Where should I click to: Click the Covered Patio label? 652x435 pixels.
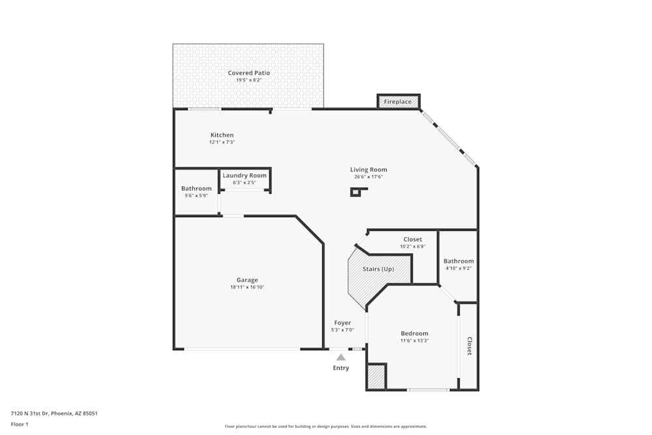pyautogui.click(x=248, y=73)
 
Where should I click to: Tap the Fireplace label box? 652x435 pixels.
pyautogui.click(x=398, y=102)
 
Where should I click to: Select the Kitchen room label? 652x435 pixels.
pyautogui.click(x=222, y=135)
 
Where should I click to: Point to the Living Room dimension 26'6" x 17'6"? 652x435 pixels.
pyautogui.click(x=368, y=177)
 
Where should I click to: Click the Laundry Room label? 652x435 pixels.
pyautogui.click(x=244, y=175)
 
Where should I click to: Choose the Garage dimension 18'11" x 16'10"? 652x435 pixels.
pyautogui.click(x=247, y=287)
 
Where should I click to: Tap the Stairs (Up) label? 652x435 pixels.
pyautogui.click(x=378, y=269)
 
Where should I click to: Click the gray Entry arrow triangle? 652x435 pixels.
pyautogui.click(x=341, y=357)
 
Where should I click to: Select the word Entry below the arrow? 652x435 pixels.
pyautogui.click(x=341, y=368)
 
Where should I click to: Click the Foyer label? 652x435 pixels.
pyautogui.click(x=342, y=323)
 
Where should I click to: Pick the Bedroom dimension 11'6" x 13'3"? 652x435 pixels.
pyautogui.click(x=415, y=340)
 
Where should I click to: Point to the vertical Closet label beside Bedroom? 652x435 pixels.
pyautogui.click(x=469, y=346)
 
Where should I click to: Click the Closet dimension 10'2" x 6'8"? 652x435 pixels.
pyautogui.click(x=413, y=247)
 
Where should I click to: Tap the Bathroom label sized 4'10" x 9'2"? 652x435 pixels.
pyautogui.click(x=459, y=261)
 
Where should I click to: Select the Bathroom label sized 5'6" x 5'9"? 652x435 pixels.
pyautogui.click(x=196, y=188)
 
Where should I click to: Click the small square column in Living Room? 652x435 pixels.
pyautogui.click(x=356, y=192)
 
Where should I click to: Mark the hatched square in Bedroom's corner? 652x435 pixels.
pyautogui.click(x=376, y=377)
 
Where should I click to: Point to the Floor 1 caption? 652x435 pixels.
pyautogui.click(x=20, y=424)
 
